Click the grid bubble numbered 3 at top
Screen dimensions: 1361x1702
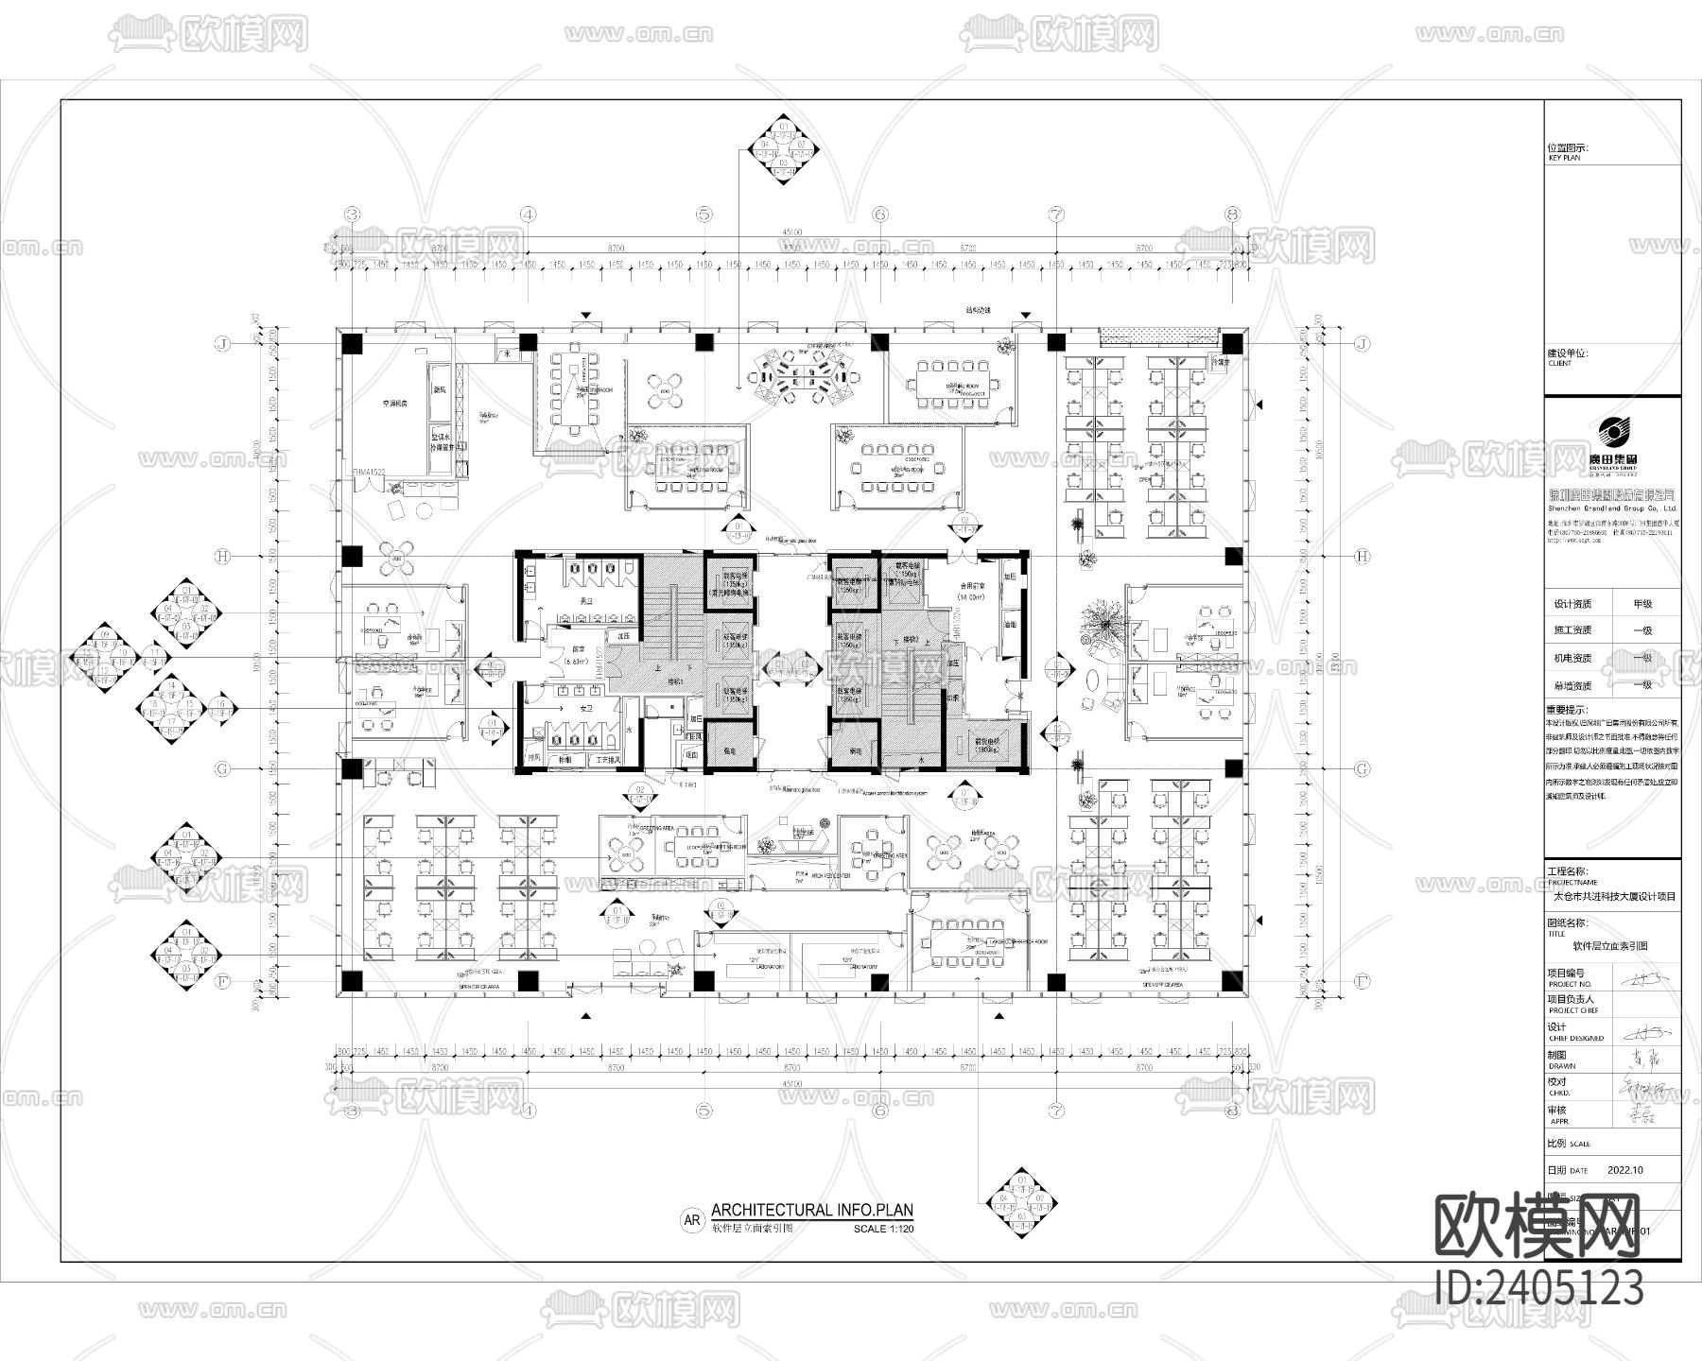click(353, 215)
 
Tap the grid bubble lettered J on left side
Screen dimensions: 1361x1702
click(222, 344)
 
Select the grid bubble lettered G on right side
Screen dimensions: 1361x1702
click(1362, 769)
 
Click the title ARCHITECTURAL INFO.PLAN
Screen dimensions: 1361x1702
click(812, 1210)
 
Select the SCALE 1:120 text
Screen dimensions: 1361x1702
click(883, 1230)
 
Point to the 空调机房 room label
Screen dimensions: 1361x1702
click(394, 404)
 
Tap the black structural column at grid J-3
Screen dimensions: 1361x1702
click(352, 344)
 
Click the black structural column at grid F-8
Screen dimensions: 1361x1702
click(1232, 982)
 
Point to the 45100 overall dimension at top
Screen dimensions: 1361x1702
click(791, 233)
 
